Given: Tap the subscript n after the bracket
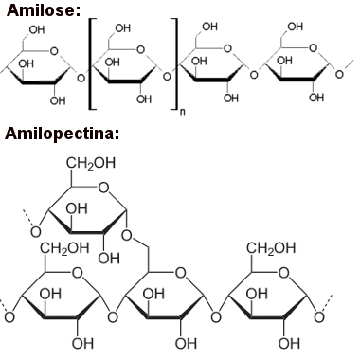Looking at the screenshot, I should click(179, 112).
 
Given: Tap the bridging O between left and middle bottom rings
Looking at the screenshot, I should click(112, 315).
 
